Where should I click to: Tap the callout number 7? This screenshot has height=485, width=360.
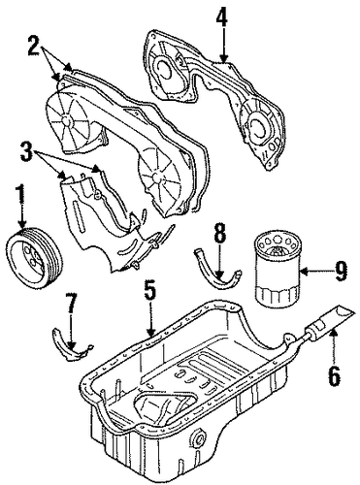[x=71, y=304]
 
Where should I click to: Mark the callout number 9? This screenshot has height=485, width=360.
[x=341, y=271]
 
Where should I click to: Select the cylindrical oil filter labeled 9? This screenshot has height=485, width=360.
[x=278, y=270]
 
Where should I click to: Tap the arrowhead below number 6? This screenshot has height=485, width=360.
[x=334, y=332]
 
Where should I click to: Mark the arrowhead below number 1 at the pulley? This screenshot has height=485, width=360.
[x=22, y=224]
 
